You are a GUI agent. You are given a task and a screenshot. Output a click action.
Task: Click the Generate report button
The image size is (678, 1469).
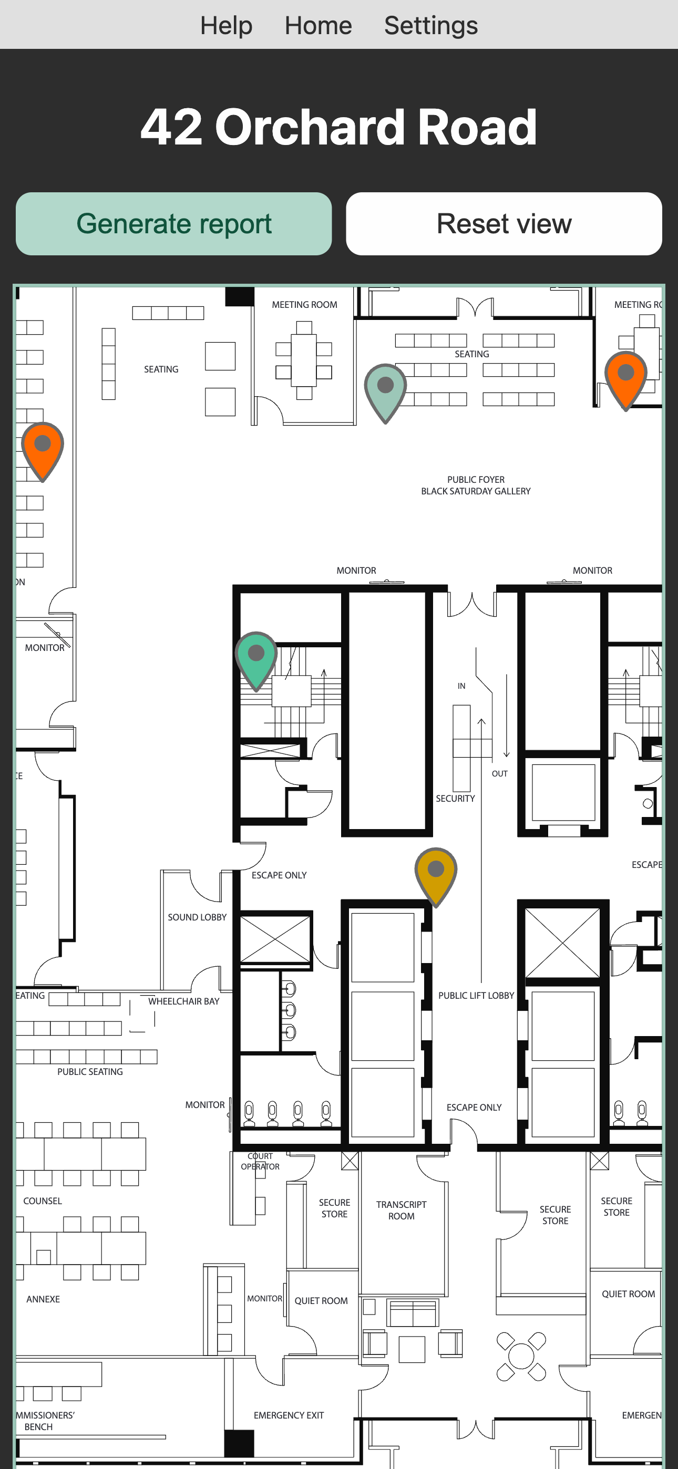coord(173,223)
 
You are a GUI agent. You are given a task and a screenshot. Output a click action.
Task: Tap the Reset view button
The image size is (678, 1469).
coord(504,223)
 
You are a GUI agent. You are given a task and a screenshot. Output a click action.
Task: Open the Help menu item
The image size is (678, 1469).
coord(226,25)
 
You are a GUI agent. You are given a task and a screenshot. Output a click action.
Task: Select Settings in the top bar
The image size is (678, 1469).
coord(431,25)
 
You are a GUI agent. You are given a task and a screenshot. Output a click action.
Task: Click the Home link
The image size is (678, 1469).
coord(319,25)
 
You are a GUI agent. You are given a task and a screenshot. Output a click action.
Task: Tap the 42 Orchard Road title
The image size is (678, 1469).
coord(339,127)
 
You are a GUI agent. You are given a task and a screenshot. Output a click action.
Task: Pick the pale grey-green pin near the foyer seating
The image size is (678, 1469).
coord(385,392)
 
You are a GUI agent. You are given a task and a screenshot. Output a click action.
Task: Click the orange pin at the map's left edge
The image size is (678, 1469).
coord(43,450)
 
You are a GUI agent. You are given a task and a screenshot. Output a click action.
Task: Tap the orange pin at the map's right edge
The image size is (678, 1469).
coord(626,380)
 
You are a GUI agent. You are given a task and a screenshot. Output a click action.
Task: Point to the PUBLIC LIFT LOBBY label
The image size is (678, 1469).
coord(476,995)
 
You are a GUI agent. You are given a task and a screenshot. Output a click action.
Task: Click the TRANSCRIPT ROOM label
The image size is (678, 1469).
coord(401,1210)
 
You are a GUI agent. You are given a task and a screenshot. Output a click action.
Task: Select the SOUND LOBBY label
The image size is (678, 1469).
coord(197,917)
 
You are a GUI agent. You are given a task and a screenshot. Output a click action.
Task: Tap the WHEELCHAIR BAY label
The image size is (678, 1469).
coord(184,1001)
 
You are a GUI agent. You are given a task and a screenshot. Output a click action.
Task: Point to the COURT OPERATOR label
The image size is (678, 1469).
coord(260,1161)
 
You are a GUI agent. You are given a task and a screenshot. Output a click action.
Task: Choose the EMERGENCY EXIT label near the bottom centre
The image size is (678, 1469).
coord(289,1415)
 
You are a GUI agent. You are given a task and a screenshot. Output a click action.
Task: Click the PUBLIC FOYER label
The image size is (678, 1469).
coord(476,480)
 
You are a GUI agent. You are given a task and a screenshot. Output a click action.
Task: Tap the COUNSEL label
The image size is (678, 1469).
coord(43,1201)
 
